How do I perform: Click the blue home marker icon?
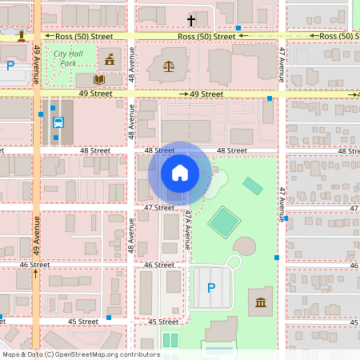click(180, 172)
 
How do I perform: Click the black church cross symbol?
click(191, 21)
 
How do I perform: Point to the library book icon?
click(98, 79)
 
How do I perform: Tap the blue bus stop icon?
click(58, 122)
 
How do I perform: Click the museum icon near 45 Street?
click(260, 302)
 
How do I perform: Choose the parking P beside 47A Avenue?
click(211, 288)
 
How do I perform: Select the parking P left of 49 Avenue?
click(10, 66)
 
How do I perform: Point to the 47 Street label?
click(158, 207)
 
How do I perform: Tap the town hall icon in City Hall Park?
click(110, 59)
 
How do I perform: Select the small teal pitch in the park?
click(253, 186)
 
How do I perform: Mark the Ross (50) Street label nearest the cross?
click(206, 36)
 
